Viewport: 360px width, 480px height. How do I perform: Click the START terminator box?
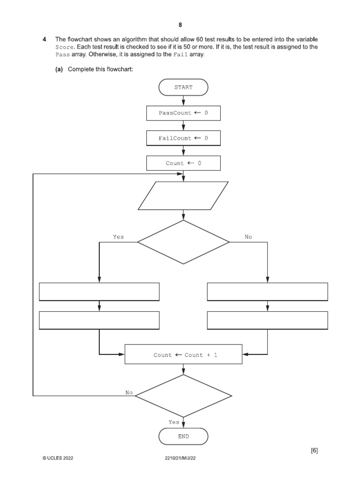(183, 87)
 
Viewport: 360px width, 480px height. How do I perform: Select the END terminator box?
(183, 436)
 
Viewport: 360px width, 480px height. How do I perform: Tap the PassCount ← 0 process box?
(183, 113)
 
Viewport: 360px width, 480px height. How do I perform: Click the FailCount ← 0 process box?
(183, 138)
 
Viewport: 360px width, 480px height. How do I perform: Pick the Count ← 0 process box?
(183, 163)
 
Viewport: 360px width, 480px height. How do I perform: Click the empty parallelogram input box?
(183, 195)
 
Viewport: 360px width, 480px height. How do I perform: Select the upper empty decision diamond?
(183, 242)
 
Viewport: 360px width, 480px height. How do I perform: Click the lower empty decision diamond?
(183, 396)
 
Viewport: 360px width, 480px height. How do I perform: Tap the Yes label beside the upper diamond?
(118, 237)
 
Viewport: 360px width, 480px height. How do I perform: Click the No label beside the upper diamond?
(248, 237)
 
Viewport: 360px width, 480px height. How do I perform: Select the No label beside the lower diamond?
(129, 392)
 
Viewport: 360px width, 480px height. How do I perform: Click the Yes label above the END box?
(174, 422)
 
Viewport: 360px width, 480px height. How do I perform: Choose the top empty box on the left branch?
(99, 292)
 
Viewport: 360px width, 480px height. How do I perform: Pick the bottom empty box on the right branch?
(267, 321)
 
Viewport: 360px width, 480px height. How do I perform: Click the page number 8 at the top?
(180, 25)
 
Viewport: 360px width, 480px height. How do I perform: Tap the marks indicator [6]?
(314, 450)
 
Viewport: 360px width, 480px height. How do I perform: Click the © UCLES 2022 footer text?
(58, 457)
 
